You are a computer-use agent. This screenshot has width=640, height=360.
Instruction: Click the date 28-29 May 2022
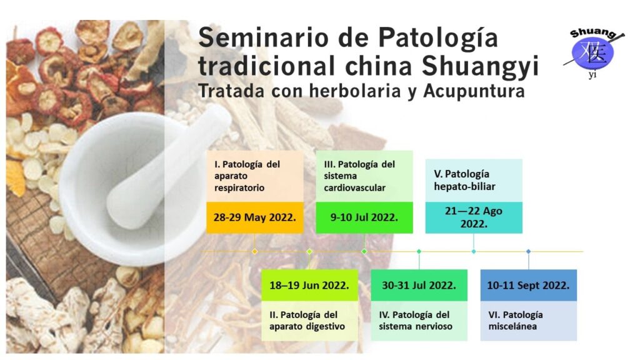255,217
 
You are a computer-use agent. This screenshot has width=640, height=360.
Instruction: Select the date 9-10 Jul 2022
364,217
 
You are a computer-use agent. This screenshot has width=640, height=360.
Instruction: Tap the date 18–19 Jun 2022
309,285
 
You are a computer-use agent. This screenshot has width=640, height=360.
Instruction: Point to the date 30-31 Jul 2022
419,285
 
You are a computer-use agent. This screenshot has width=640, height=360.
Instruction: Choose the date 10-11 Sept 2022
528,285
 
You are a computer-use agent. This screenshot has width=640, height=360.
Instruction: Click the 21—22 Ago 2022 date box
474,217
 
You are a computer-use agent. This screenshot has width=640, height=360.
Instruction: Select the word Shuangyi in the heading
480,66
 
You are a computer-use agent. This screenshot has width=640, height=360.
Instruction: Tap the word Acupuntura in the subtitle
474,91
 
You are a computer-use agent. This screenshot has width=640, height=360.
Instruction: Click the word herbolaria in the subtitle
355,91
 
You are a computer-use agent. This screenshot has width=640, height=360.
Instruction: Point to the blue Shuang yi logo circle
592,52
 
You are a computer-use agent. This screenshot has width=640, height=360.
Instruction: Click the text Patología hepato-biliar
464,180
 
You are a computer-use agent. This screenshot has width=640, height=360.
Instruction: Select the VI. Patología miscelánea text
516,321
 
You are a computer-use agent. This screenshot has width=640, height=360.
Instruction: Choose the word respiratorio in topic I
239,187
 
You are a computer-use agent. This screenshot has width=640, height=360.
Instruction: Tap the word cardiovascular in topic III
354,187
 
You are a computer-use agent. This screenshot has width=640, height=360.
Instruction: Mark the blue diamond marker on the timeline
528,251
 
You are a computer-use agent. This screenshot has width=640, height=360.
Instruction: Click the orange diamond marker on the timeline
255,251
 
